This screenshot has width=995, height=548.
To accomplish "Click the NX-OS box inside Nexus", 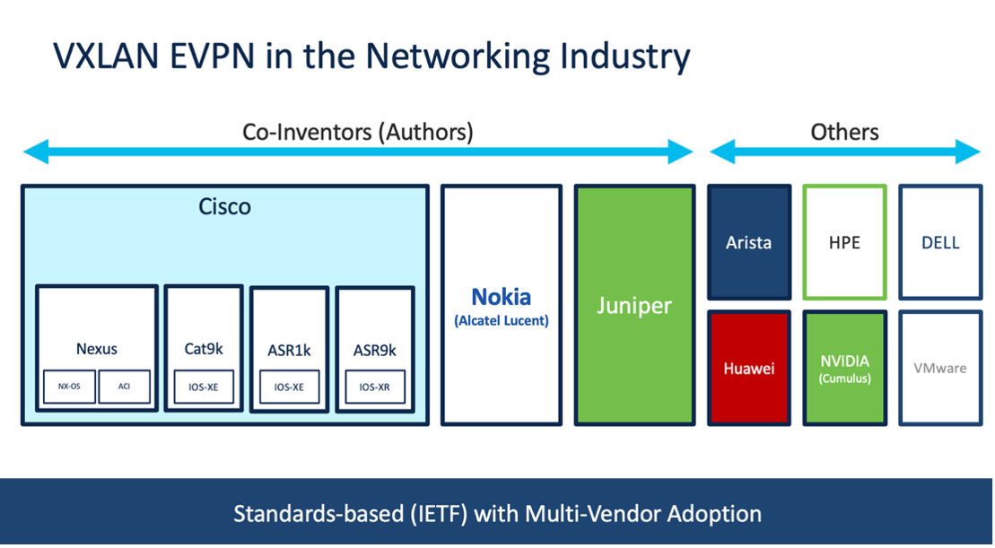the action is tap(69, 387).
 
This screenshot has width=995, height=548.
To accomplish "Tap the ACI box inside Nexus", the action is tap(125, 387).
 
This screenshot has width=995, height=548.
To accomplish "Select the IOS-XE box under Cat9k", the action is tap(204, 387).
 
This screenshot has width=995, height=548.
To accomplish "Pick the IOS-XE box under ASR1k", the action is tap(290, 387).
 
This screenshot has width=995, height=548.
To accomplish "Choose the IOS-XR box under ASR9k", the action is tap(375, 387).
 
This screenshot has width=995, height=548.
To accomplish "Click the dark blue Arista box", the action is tap(749, 242).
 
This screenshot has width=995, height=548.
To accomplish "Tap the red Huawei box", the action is tap(749, 368).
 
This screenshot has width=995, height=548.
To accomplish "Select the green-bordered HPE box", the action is tap(844, 242).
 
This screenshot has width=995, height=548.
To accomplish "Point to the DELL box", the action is tap(940, 242).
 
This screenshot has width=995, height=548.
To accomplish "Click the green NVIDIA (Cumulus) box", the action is tap(844, 368).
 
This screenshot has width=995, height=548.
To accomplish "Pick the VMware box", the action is tap(940, 368).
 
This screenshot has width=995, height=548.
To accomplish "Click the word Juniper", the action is tap(634, 307).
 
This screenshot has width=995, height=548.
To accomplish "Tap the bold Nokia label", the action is tap(502, 297).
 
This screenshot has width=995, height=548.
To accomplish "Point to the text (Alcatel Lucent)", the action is tap(502, 321).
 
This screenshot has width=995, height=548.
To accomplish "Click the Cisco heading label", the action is tap(224, 207).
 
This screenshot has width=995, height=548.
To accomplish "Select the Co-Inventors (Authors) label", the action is tap(358, 132).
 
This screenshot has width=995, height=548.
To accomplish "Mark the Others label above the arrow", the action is tap(844, 132).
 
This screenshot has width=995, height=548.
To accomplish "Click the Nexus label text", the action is tap(97, 349).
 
